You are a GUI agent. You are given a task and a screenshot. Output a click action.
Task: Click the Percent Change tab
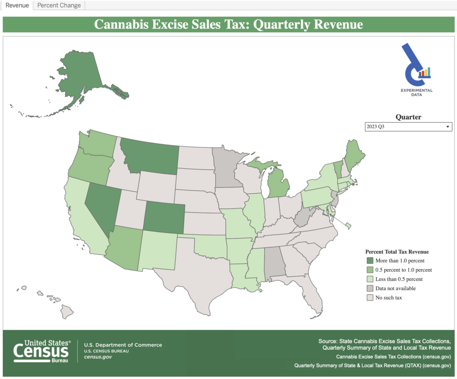[59, 5]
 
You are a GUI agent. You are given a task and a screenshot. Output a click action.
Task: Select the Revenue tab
[17, 5]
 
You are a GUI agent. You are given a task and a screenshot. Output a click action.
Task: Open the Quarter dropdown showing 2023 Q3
[408, 127]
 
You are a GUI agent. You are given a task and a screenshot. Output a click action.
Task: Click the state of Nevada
[102, 205]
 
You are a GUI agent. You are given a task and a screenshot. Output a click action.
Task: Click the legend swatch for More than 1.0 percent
[370, 260]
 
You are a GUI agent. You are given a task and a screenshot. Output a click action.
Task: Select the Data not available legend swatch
[370, 288]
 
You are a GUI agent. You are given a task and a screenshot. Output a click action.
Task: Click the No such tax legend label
[389, 297]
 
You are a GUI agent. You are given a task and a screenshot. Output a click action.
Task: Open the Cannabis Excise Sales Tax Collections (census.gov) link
[393, 357]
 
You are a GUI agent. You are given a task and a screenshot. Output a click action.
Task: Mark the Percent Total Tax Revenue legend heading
[397, 251]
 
